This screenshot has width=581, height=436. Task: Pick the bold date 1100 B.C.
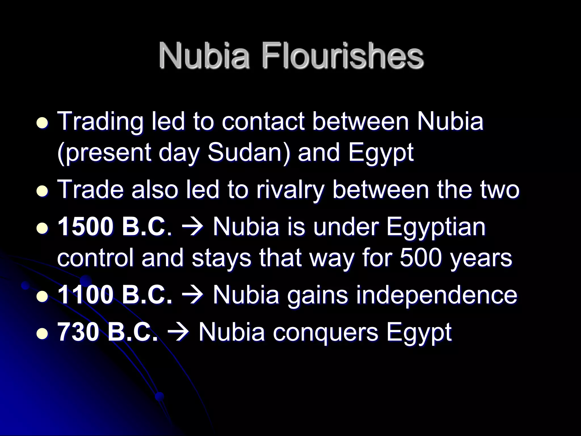click(x=115, y=295)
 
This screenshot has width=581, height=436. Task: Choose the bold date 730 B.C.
click(x=108, y=332)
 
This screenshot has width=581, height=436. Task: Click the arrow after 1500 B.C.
click(x=192, y=227)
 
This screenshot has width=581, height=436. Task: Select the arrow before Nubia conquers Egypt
click(x=178, y=332)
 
